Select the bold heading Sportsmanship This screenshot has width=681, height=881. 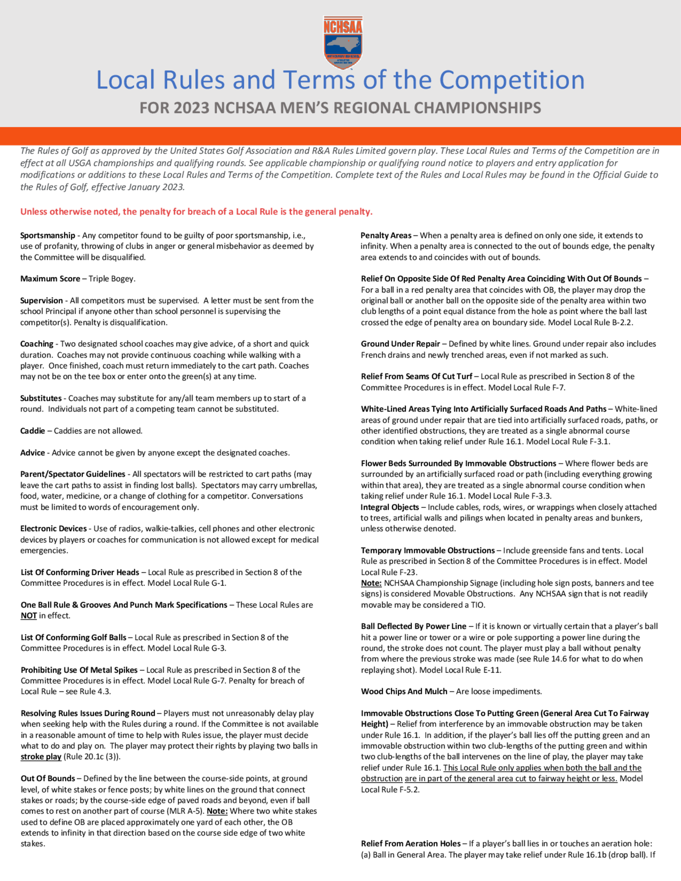click(x=48, y=236)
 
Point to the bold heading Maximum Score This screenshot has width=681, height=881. click(x=50, y=279)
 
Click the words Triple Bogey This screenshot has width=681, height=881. click(x=112, y=279)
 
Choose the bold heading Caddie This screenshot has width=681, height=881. click(x=33, y=431)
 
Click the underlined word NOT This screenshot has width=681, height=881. click(x=29, y=615)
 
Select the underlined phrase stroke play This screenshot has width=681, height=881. click(x=41, y=757)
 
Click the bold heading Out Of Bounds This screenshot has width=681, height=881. click(x=48, y=779)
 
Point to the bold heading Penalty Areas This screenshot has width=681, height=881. click(x=386, y=236)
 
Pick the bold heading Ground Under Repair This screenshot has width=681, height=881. click(x=400, y=344)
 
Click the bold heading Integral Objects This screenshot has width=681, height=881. click(x=390, y=507)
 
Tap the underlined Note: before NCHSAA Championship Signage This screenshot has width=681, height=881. click(x=371, y=583)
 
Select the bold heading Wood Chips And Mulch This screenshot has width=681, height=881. click(x=404, y=691)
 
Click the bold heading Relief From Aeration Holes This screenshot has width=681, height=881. click(x=411, y=844)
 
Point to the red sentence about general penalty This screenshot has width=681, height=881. click(x=196, y=212)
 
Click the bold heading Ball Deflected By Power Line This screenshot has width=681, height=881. click(x=413, y=626)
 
